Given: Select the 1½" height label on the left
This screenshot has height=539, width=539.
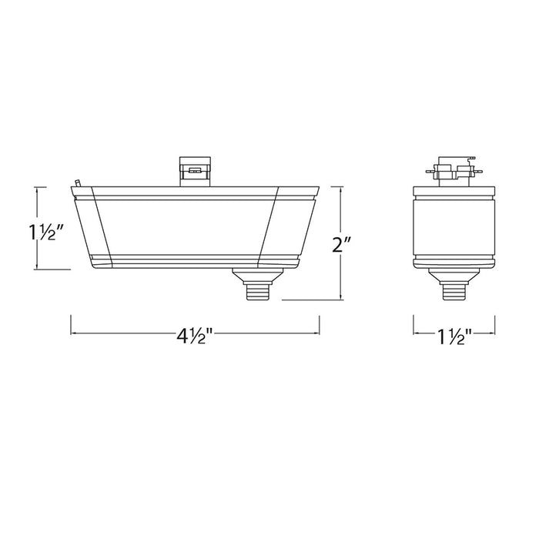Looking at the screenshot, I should click(36, 231).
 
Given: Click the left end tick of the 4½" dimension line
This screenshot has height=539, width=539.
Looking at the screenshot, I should click(71, 324).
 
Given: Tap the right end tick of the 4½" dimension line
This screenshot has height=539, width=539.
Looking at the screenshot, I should click(319, 324).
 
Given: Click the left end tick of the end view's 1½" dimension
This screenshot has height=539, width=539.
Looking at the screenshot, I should click(413, 324).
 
